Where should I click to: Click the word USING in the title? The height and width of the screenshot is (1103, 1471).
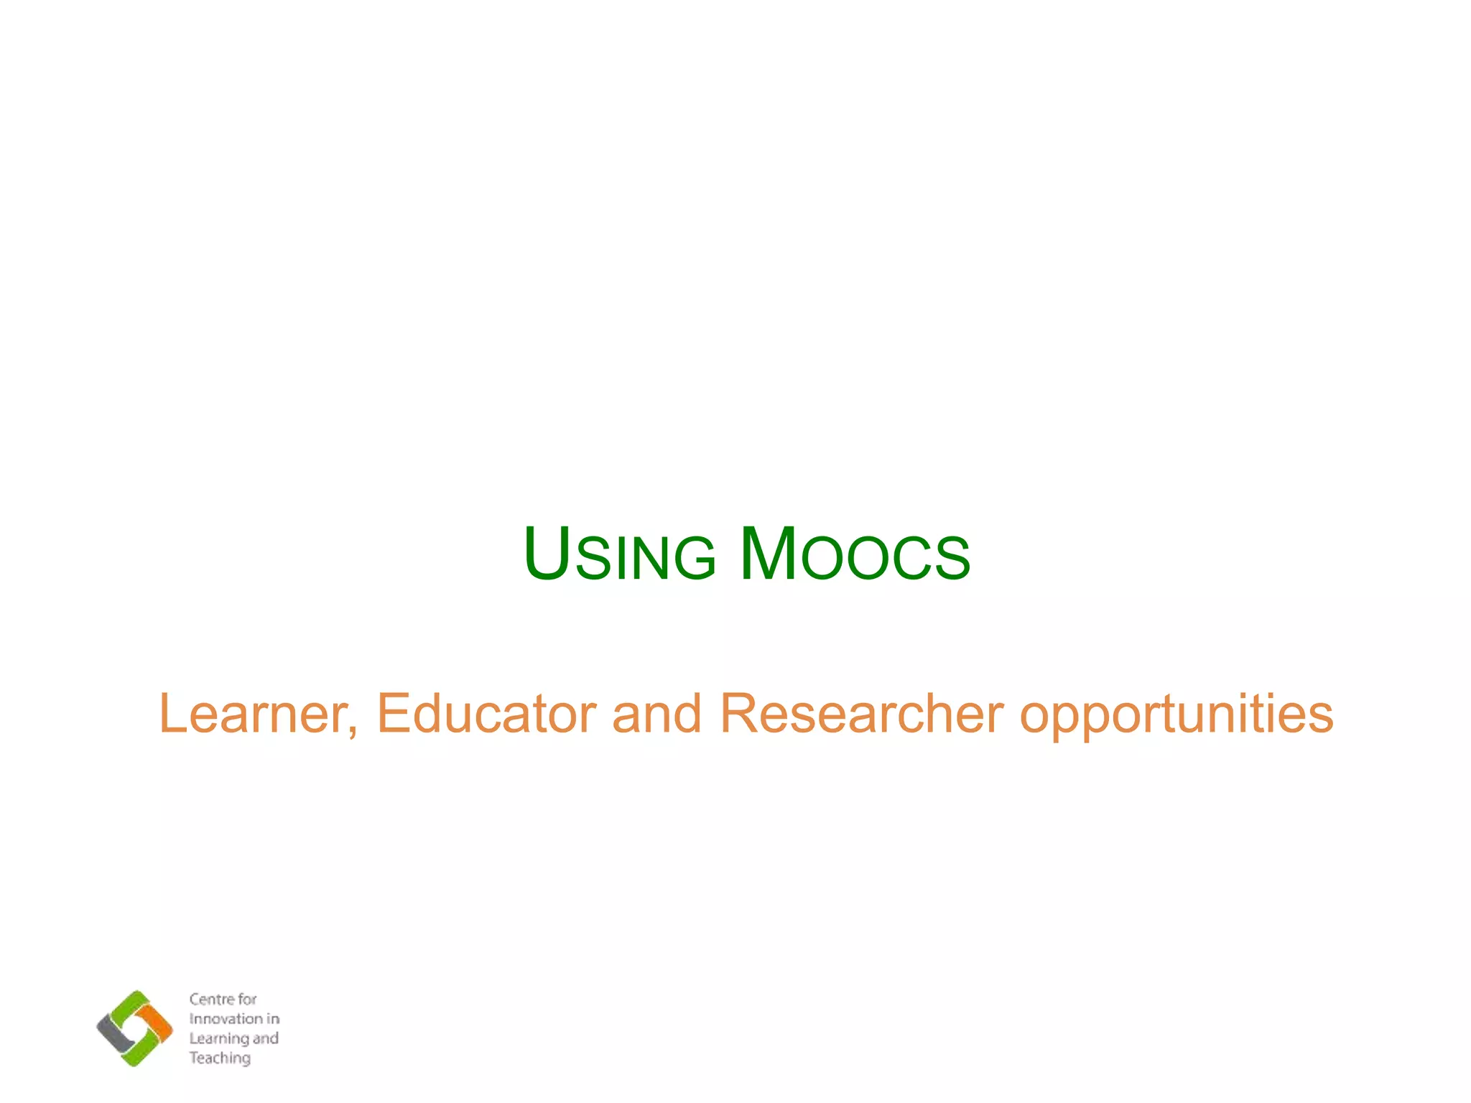click(x=620, y=555)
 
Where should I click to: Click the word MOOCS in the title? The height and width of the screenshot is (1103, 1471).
click(x=855, y=555)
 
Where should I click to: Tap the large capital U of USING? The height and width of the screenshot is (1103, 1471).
click(x=547, y=554)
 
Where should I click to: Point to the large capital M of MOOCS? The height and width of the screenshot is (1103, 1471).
click(x=768, y=554)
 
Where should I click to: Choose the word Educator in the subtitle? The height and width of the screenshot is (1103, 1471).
click(x=486, y=714)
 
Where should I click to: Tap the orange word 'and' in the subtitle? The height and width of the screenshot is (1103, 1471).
click(x=656, y=714)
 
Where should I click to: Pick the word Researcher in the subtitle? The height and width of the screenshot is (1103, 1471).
click(x=861, y=714)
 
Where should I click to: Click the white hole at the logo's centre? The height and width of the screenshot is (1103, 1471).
click(x=135, y=1028)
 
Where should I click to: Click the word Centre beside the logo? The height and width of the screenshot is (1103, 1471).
click(x=212, y=999)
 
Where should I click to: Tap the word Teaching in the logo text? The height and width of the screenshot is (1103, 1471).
click(x=220, y=1058)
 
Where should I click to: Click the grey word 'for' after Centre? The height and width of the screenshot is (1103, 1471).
click(x=247, y=999)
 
